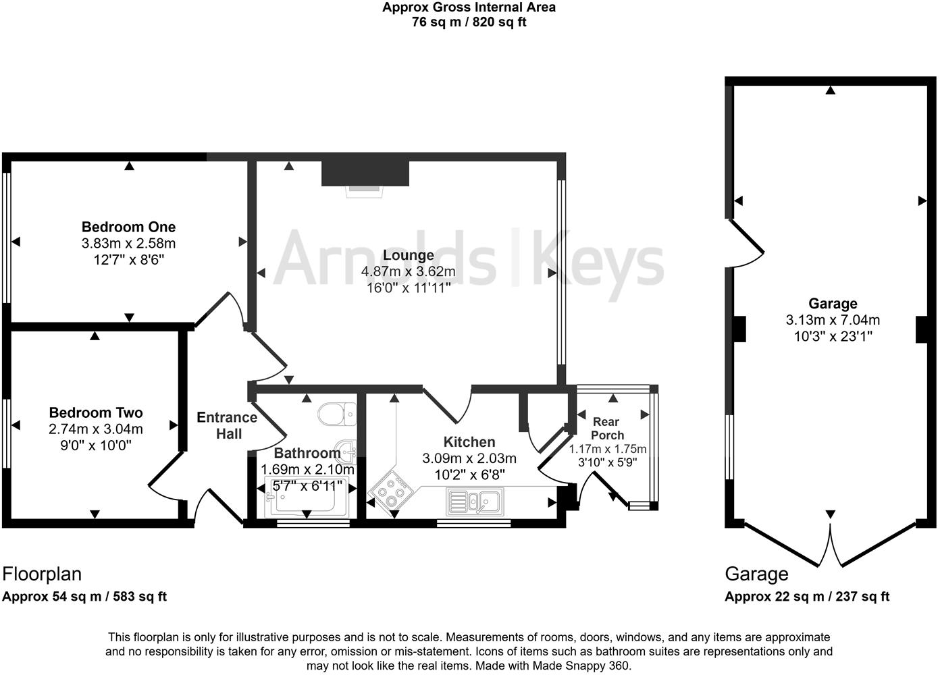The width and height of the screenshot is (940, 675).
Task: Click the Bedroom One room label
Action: (x=128, y=227)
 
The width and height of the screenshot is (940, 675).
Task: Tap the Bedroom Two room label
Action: (x=96, y=413)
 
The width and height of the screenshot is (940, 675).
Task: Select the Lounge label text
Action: (x=408, y=256)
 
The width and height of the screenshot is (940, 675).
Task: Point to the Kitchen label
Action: (x=469, y=442)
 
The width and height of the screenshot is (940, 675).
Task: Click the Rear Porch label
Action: (x=606, y=429)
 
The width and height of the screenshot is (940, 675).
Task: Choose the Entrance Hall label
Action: (x=227, y=425)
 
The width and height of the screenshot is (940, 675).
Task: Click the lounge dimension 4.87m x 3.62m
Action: (x=408, y=272)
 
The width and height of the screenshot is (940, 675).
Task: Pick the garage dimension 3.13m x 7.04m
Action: (x=833, y=321)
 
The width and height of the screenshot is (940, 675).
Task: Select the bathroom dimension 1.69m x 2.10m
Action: (x=307, y=469)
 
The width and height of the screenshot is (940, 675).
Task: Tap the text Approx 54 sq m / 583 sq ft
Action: (x=84, y=597)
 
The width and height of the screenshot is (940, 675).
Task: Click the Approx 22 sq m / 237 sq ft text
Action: (x=807, y=597)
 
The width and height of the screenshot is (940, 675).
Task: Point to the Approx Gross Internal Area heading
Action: (x=469, y=8)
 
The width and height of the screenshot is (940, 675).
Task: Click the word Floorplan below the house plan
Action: (x=42, y=574)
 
